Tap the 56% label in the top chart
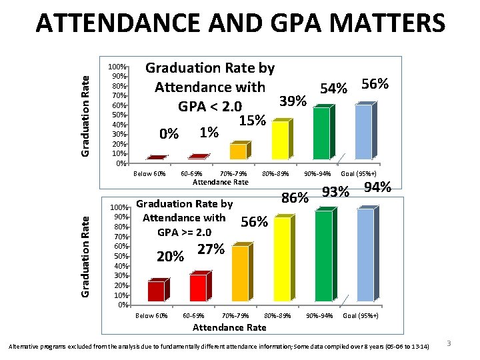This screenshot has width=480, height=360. [375, 85]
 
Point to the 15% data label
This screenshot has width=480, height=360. [253, 121]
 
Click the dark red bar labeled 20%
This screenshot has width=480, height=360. [156, 291]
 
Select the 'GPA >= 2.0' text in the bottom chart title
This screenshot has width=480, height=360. [184, 233]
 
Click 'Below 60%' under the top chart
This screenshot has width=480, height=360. [149, 174]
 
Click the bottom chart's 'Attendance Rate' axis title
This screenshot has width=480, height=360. [229, 327]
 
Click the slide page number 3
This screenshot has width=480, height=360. [449, 343]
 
